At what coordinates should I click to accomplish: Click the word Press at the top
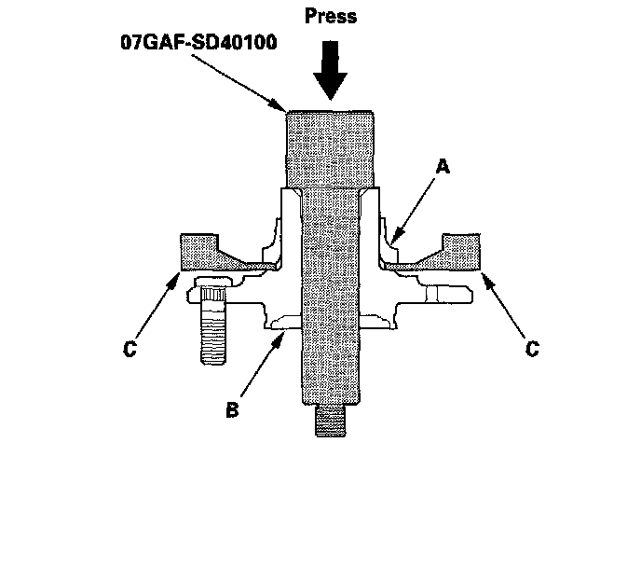click(331, 17)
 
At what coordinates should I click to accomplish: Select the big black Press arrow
click(332, 74)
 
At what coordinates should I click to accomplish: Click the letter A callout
click(443, 169)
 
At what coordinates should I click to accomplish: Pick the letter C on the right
click(532, 350)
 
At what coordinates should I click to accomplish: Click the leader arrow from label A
click(416, 205)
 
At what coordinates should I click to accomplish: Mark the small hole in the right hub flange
click(430, 295)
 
